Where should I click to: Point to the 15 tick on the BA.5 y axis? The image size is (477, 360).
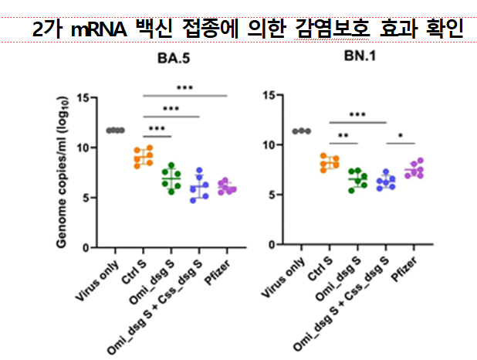(93, 97)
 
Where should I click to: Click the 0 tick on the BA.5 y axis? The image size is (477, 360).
(96, 248)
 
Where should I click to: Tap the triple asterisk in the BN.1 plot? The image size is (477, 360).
(357, 115)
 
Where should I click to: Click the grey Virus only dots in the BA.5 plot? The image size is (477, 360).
(115, 130)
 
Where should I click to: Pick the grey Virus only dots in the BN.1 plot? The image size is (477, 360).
(301, 131)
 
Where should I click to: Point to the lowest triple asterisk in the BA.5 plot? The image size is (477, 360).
(157, 128)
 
